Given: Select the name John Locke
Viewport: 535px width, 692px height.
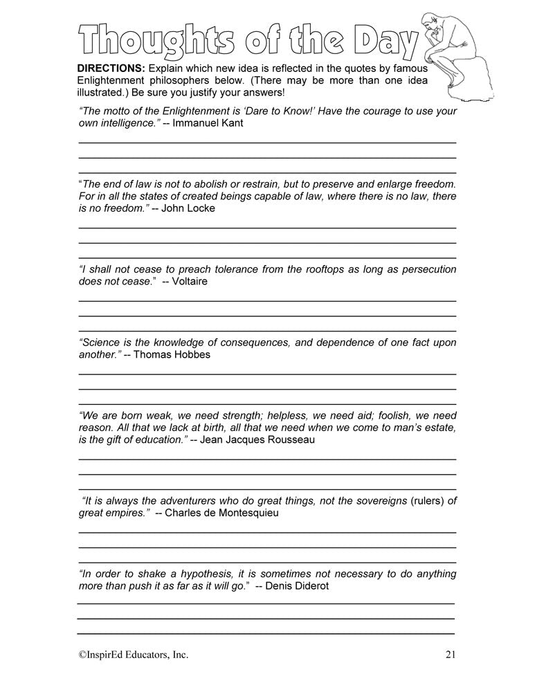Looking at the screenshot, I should coord(188,208).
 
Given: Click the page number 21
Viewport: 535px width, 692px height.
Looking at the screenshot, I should coord(450,654).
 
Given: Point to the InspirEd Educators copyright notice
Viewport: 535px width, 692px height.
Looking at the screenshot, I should coord(132,654).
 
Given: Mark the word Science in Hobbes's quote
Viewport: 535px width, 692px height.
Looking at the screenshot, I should coord(101,343).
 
